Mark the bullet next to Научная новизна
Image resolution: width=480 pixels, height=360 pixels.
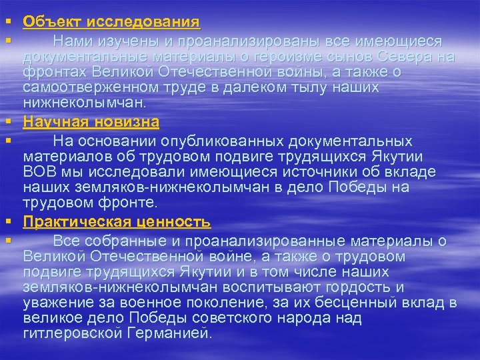coord(9,122)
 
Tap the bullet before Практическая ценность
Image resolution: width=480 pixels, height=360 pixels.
coord(9,222)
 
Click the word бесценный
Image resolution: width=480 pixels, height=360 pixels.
coord(353,303)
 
